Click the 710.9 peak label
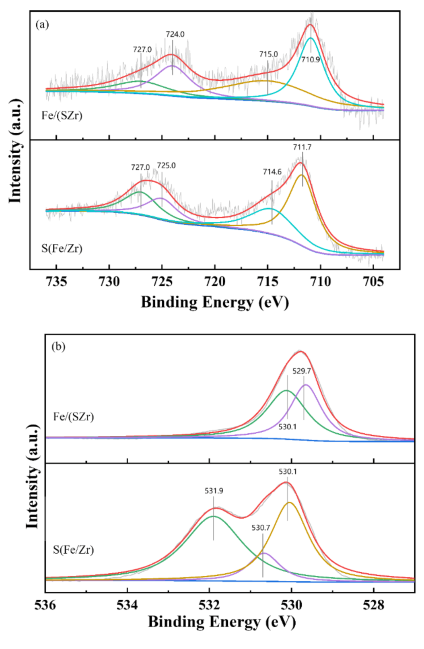click(311, 60)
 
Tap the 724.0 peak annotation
click(175, 35)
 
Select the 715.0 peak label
click(268, 54)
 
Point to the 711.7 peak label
click(302, 147)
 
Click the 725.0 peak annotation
click(166, 166)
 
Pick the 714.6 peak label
click(272, 172)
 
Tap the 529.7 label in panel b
click(301, 371)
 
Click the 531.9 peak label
click(214, 491)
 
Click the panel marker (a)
click(42, 25)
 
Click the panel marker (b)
click(59, 346)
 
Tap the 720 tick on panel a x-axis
click(215, 281)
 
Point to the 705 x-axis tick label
click(373, 281)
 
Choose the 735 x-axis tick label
click(56, 281)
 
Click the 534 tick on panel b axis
click(127, 605)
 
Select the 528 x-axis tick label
click(373, 605)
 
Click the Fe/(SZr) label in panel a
click(62, 116)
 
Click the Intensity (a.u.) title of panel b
click(33, 476)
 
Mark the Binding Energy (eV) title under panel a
click(215, 302)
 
